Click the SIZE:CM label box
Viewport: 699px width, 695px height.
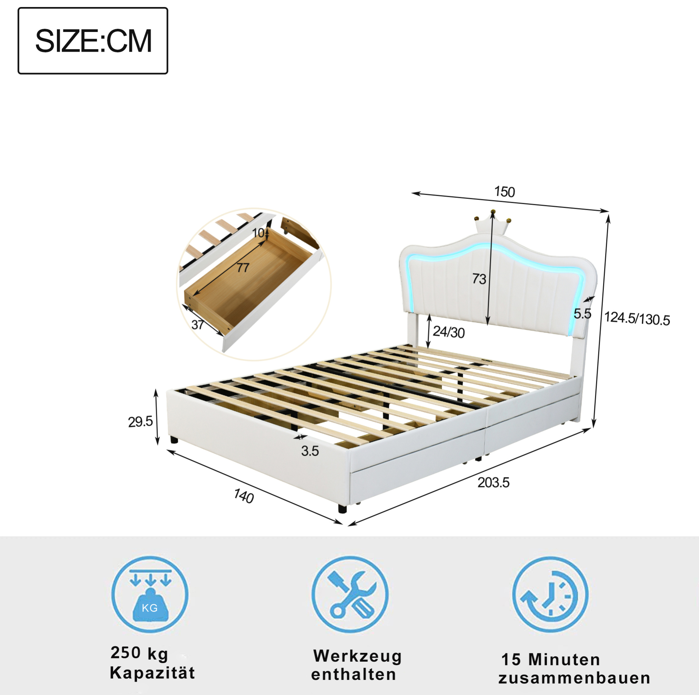[93, 41]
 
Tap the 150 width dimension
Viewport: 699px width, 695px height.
[504, 192]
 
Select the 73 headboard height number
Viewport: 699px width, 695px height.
[479, 279]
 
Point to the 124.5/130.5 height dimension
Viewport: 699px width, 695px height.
[637, 319]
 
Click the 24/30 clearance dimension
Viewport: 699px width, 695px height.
[449, 332]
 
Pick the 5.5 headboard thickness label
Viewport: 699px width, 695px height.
[583, 314]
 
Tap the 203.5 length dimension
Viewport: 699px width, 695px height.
[493, 483]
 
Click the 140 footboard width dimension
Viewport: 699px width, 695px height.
[244, 496]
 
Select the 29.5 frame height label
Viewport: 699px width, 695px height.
[140, 422]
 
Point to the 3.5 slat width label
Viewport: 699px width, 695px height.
[310, 451]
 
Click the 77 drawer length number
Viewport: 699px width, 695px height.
[243, 268]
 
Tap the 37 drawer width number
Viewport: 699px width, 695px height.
[198, 325]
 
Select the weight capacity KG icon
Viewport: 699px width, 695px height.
[150, 595]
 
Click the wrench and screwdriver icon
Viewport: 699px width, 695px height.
[350, 595]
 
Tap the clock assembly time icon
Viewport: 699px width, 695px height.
[550, 595]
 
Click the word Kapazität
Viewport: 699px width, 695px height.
[152, 673]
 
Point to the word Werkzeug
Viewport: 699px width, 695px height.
[357, 656]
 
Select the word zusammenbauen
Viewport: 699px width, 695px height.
[575, 678]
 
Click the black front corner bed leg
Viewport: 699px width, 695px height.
[342, 508]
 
